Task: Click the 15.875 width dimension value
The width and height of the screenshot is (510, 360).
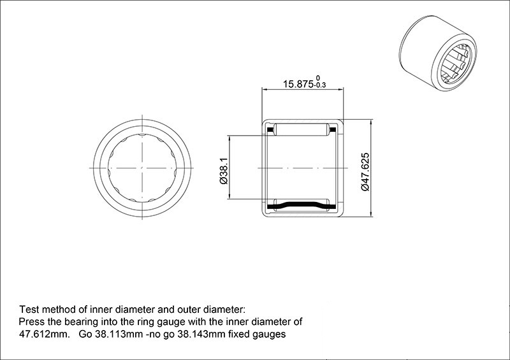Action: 298,84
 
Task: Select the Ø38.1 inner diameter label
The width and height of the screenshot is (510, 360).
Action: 224,171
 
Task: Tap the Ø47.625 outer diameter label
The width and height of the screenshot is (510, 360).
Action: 365,171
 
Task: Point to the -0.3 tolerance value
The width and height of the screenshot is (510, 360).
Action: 320,85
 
